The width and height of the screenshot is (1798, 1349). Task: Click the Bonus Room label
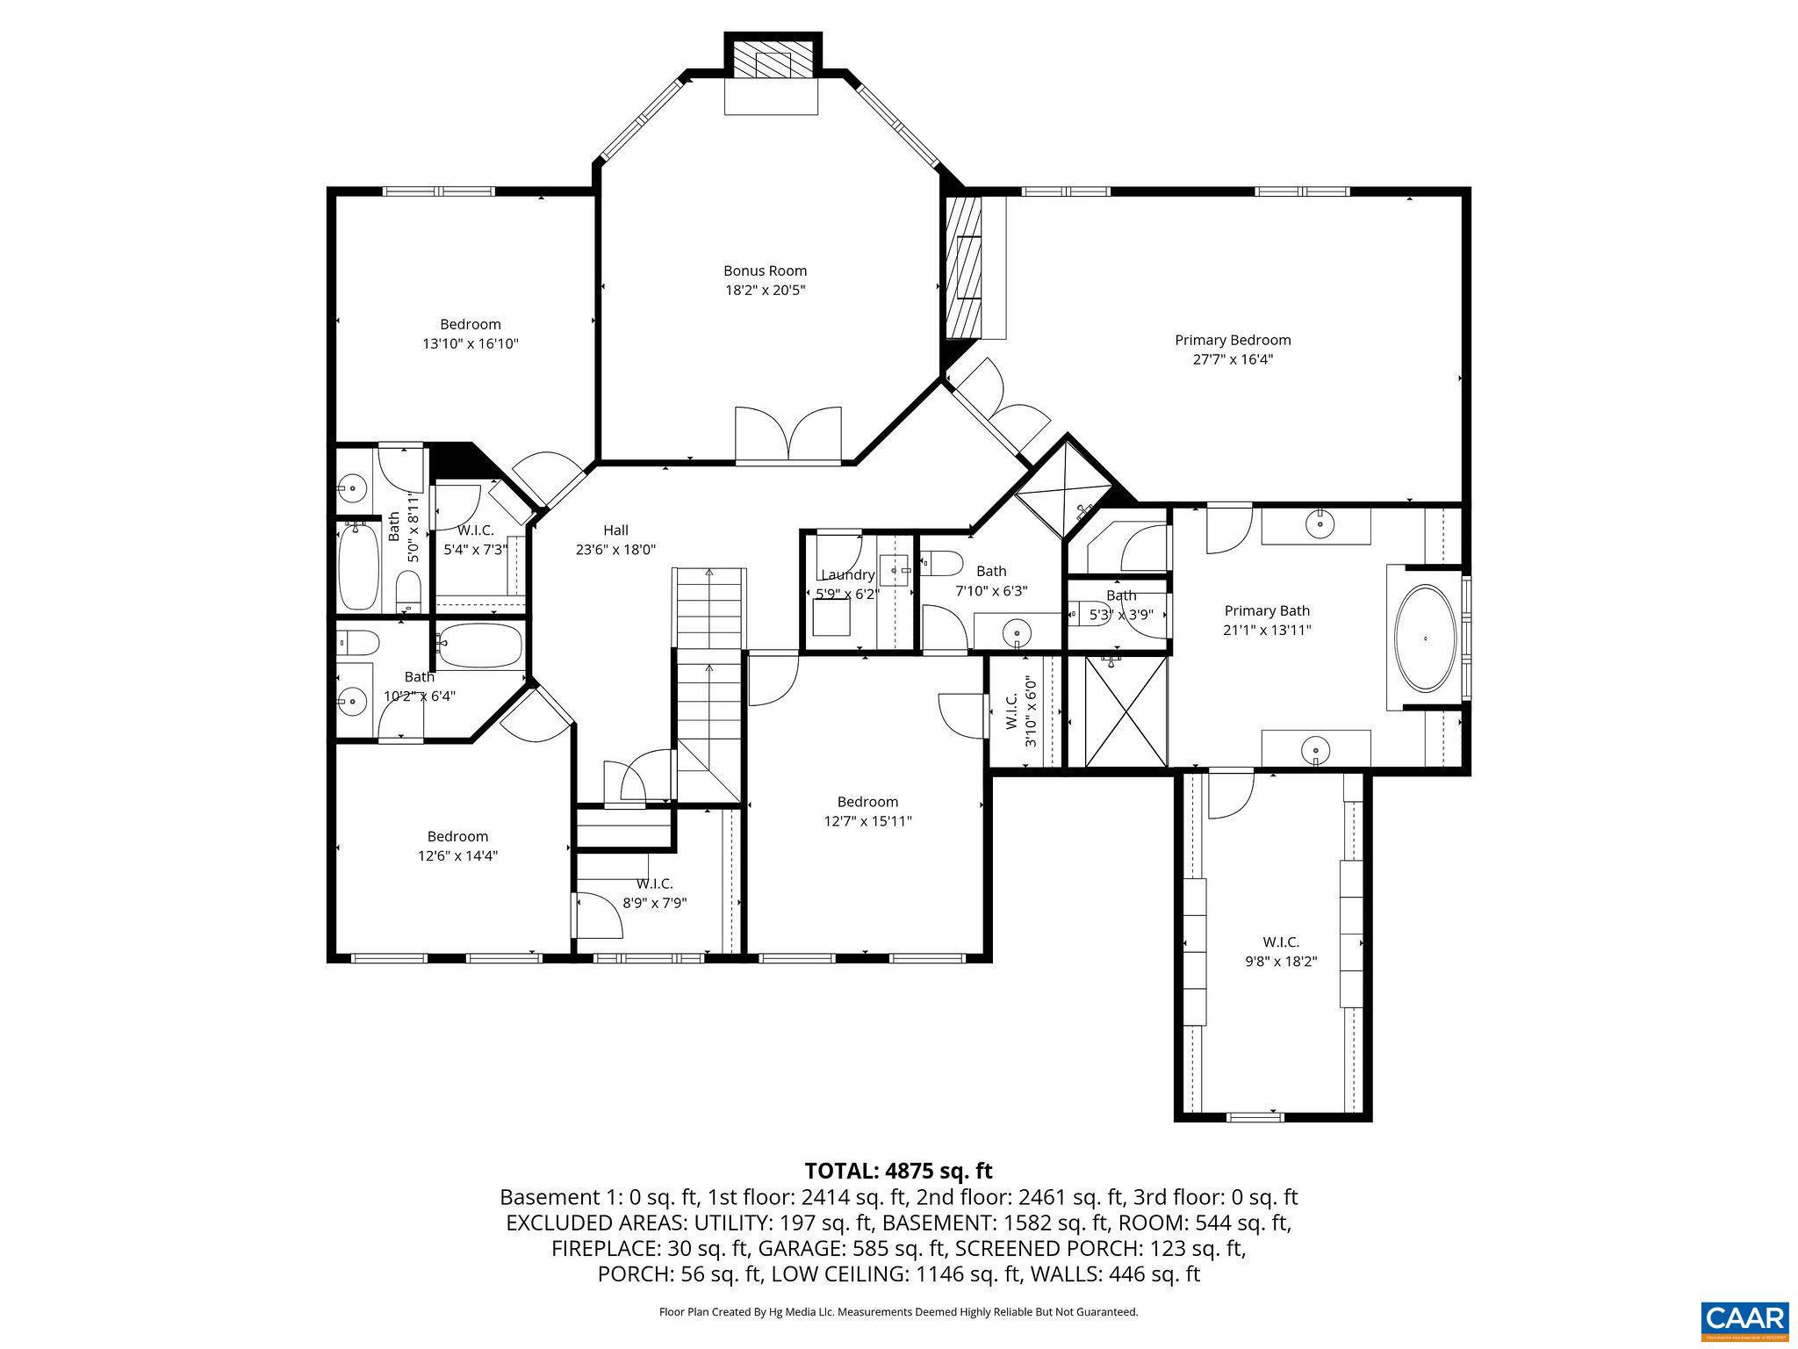tap(765, 271)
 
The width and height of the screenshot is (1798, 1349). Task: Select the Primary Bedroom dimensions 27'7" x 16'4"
tap(1233, 359)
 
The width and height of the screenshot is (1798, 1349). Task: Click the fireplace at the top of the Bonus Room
tap(773, 66)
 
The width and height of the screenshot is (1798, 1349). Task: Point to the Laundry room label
tap(847, 575)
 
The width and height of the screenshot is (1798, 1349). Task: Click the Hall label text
tap(615, 530)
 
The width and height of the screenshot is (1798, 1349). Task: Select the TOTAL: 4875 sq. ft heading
tap(898, 1171)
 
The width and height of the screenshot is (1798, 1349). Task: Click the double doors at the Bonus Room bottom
tap(788, 435)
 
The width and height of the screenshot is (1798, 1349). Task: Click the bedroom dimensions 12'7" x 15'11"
tap(867, 821)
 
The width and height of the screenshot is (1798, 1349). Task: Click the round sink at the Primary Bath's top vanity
tap(1319, 525)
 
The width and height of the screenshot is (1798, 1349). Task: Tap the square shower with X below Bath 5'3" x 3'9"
tap(1127, 711)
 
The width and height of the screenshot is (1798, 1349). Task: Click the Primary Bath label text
tap(1267, 611)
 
